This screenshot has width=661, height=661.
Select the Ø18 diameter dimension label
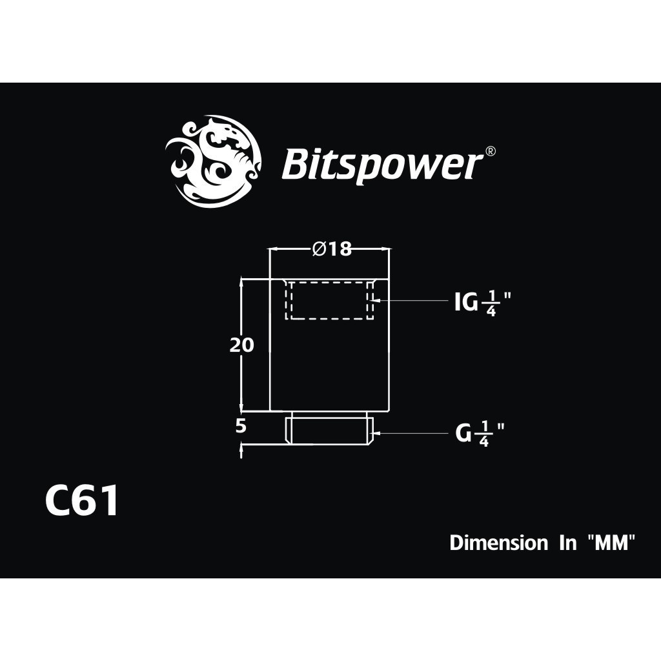pyautogui.click(x=332, y=249)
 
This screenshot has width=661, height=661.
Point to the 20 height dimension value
pyautogui.click(x=242, y=345)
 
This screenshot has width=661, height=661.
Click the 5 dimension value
pyautogui.click(x=241, y=427)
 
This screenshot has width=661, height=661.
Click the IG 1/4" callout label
pyautogui.click(x=483, y=303)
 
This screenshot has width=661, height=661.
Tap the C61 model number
pyautogui.click(x=81, y=501)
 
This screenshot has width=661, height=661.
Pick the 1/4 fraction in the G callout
pyautogui.click(x=483, y=434)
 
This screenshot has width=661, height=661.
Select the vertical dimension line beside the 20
pyautogui.click(x=241, y=345)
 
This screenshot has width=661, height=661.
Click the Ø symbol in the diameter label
pyautogui.click(x=319, y=249)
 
